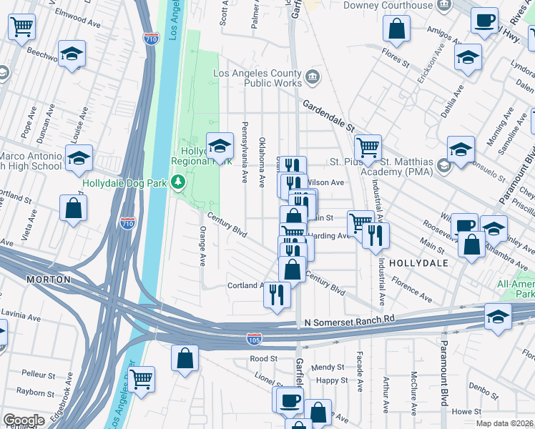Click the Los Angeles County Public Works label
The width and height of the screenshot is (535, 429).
(259, 78)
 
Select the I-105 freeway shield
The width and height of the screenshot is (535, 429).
(255, 337)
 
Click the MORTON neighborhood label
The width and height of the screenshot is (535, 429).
(49, 279)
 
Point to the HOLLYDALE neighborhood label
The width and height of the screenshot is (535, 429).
(418, 263)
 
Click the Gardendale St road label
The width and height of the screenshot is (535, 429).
(328, 114)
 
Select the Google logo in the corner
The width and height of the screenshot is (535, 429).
(24, 420)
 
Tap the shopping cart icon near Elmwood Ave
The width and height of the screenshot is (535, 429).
(21, 27)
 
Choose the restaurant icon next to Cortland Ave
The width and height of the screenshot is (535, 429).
(278, 294)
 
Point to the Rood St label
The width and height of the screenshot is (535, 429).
(263, 358)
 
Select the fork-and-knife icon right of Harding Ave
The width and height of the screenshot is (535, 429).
(376, 235)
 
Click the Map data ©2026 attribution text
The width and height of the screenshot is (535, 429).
(504, 423)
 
